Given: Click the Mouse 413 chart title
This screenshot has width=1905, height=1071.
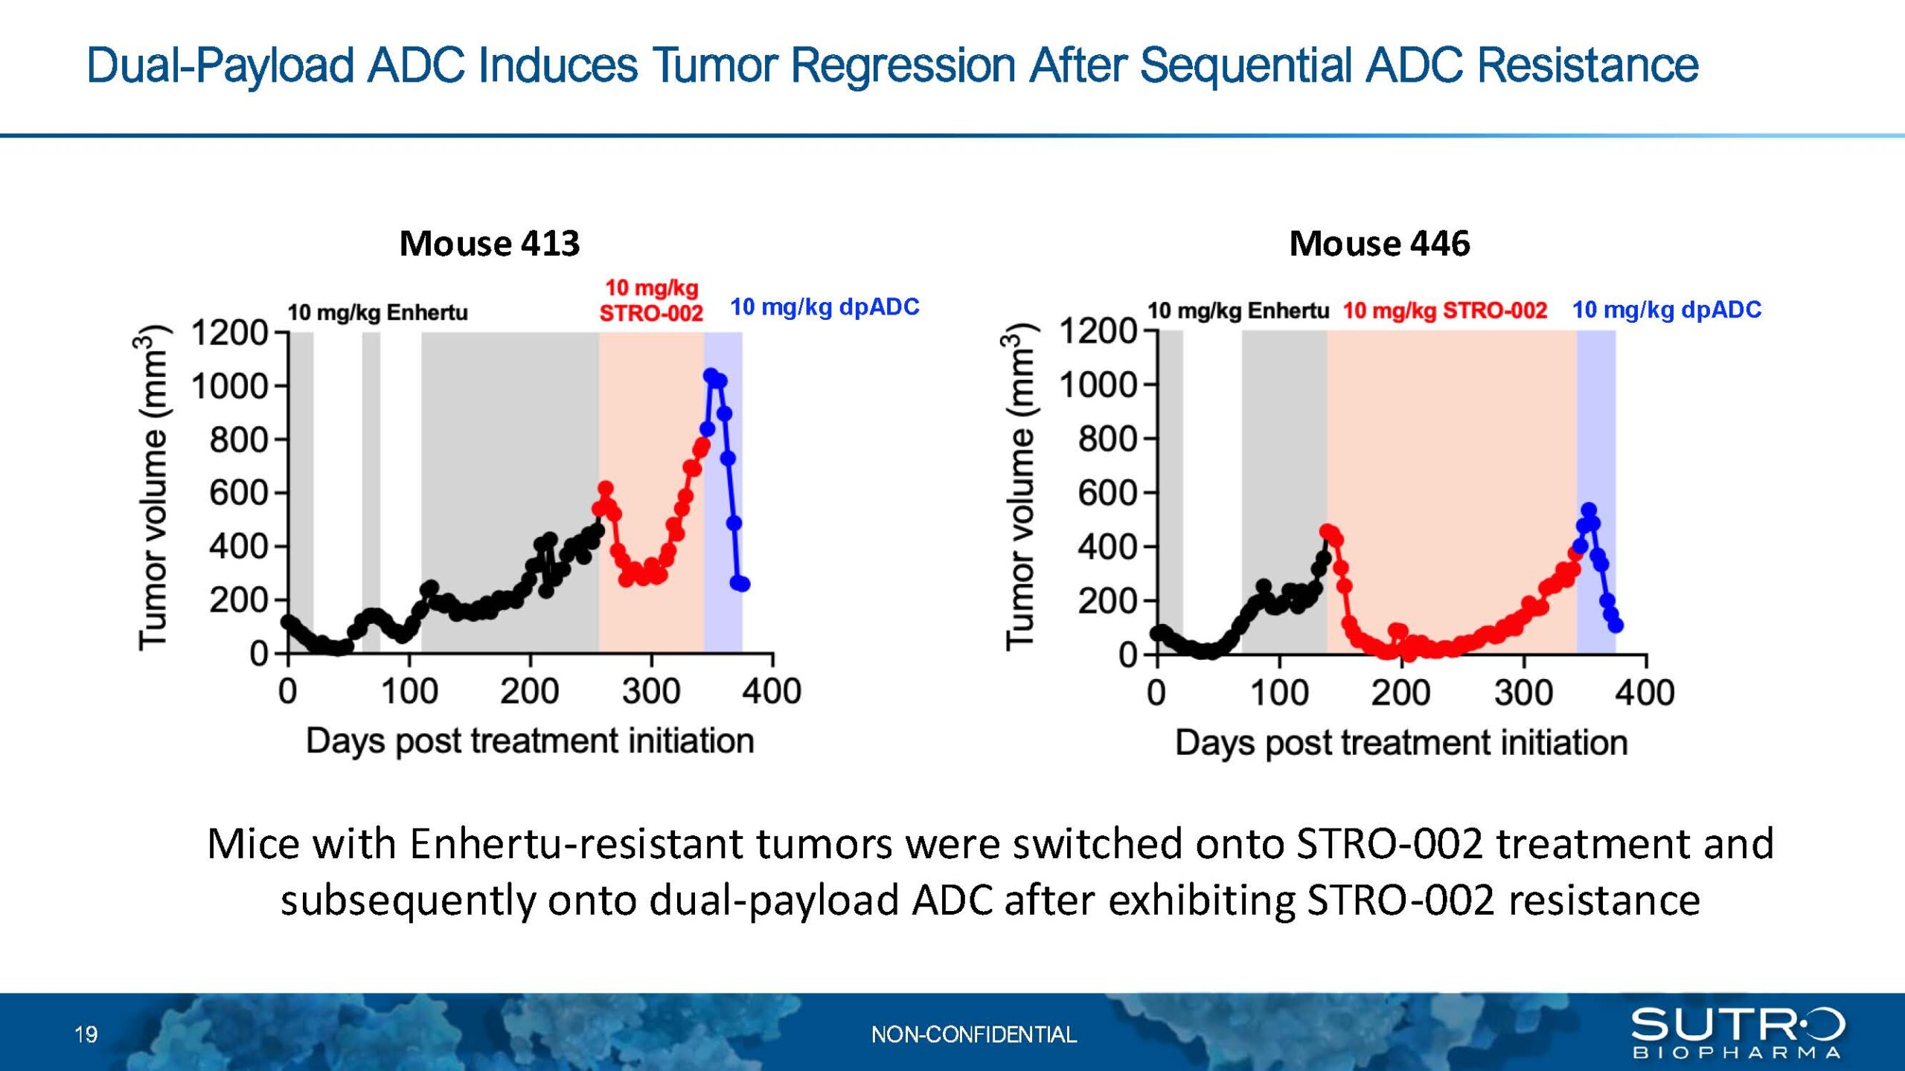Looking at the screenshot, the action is pos(490,243).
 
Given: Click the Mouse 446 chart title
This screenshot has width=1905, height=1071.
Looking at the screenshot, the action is pos(1380,243).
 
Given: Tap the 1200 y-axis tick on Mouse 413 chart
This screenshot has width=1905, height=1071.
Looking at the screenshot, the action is pos(229,332).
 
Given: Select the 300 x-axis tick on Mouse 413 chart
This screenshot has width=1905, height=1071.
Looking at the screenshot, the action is pos(651,691).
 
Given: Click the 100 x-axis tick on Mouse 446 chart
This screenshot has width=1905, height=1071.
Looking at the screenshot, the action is pos(1279,692).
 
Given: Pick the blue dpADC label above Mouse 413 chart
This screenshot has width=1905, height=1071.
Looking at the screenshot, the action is pos(825,306).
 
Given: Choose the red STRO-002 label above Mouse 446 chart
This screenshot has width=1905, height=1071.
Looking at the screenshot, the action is pos(1444,310).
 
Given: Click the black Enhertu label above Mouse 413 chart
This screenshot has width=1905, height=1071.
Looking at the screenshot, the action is pos(378,312).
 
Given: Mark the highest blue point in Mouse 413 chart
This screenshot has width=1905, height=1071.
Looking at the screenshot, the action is pos(711,376).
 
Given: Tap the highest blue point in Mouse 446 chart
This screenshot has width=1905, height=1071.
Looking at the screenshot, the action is pos(1589,510).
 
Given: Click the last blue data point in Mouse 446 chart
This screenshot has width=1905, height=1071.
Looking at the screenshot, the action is pos(1616,625).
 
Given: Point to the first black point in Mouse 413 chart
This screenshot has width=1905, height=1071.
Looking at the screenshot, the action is pos(289,622).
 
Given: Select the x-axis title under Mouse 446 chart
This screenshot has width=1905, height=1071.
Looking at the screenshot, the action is pos(1401,742).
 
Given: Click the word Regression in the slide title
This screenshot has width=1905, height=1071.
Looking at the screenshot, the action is pos(903,65).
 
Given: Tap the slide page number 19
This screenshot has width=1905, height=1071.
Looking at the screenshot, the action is pos(86,1035).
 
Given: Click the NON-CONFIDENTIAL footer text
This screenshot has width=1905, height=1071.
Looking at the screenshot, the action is pos(974,1035).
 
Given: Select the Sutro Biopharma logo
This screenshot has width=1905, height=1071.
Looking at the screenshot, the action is pos(1738,1032).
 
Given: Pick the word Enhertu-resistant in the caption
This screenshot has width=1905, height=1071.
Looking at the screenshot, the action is pos(577,844).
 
